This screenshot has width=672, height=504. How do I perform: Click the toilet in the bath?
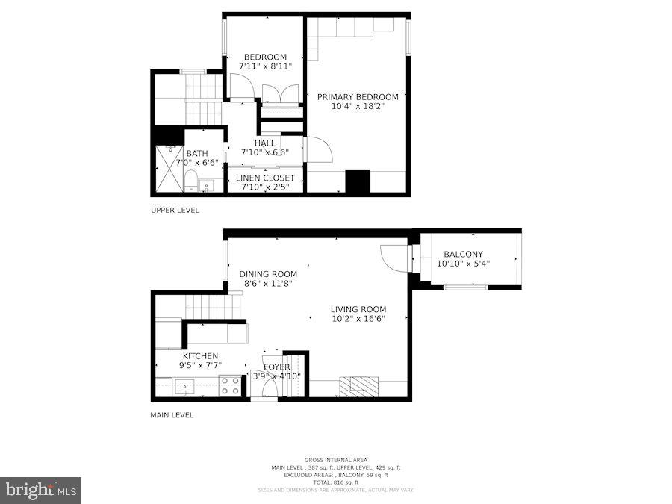pyautogui.click(x=190, y=180)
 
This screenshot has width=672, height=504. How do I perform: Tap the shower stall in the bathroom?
pyautogui.click(x=169, y=169)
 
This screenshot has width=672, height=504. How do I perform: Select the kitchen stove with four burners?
pyautogui.click(x=231, y=385)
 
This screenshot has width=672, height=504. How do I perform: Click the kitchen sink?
pyautogui.click(x=184, y=386)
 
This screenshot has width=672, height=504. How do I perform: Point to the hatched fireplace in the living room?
pyautogui.click(x=359, y=386)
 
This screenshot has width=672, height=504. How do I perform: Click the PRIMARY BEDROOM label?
pyautogui.click(x=358, y=97)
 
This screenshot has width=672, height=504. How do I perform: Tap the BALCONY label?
pyautogui.click(x=463, y=254)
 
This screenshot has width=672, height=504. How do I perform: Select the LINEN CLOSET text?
pyautogui.click(x=265, y=178)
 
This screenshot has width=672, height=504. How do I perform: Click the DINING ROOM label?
pyautogui.click(x=268, y=274)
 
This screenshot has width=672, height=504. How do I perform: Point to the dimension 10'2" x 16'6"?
pyautogui.click(x=358, y=319)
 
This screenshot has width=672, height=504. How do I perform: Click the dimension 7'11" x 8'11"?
pyautogui.click(x=265, y=66)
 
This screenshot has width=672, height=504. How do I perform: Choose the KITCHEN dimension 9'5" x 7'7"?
pyautogui.click(x=200, y=365)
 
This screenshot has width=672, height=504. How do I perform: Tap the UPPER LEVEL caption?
pyautogui.click(x=175, y=211)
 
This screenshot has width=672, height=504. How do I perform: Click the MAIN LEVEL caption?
pyautogui.click(x=172, y=415)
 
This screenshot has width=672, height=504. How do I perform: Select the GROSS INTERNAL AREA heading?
pyautogui.click(x=335, y=460)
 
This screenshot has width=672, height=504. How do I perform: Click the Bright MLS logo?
pyautogui.click(x=41, y=491)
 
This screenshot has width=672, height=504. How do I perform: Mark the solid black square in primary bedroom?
pyautogui.click(x=358, y=182)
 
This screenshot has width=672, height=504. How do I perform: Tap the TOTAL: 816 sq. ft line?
pyautogui.click(x=335, y=482)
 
